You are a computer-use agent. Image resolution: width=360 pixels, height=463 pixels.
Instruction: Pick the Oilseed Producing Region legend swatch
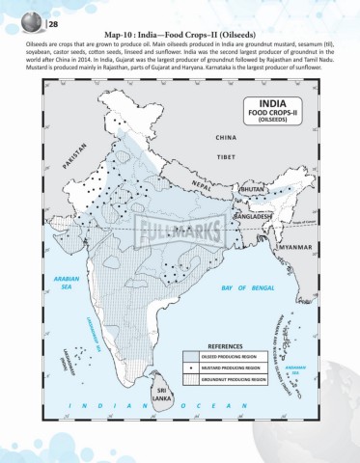(191, 356)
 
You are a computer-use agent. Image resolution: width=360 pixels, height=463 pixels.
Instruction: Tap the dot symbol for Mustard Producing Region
(191, 368)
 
